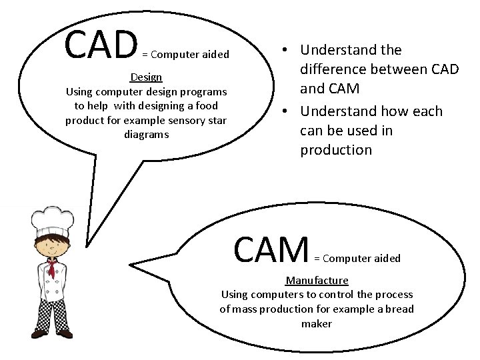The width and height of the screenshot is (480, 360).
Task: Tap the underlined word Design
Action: click(145, 77)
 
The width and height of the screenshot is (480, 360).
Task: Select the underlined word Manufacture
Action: click(317, 280)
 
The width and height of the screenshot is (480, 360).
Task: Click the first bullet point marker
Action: click(285, 49)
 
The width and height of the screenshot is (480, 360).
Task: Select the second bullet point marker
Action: click(285, 111)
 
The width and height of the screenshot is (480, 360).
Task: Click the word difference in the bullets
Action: click(336, 69)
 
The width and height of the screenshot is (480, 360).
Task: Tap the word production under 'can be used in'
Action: click(336, 149)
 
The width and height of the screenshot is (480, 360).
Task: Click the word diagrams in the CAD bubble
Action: click(146, 133)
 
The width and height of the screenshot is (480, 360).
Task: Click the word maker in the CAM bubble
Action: click(317, 323)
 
